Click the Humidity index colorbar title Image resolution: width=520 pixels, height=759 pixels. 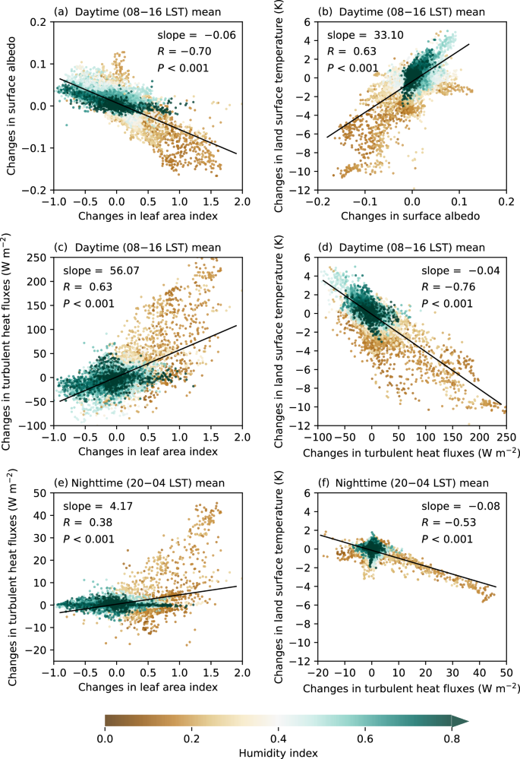pyautogui.click(x=278, y=751)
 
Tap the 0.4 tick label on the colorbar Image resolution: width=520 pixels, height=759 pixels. pyautogui.click(x=279, y=735)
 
